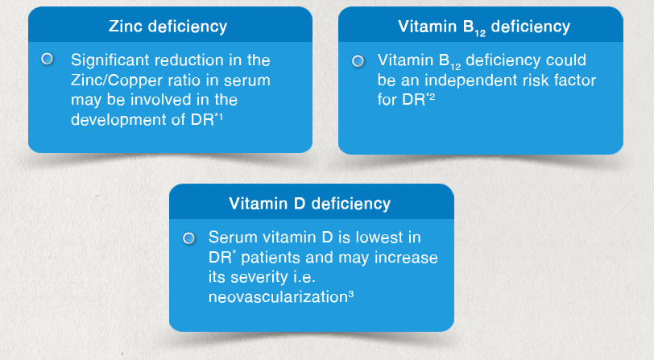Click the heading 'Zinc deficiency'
[168, 27]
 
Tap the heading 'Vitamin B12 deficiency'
[484, 27]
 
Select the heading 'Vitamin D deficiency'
[309, 204]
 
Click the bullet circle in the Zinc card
[48, 59]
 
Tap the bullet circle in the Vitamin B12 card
[358, 61]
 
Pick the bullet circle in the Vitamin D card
[189, 238]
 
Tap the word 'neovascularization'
[278, 297]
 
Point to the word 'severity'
[259, 277]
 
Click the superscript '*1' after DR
[218, 117]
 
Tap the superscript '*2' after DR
[430, 97]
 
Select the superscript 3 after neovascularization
[351, 294]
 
